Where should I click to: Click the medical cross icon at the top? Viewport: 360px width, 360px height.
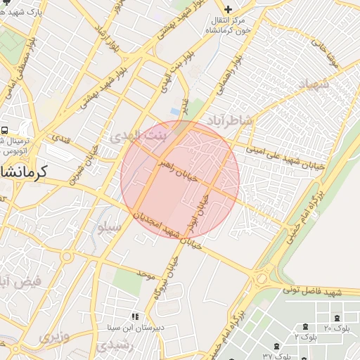click(226, 8)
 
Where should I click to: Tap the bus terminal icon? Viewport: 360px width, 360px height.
click(5, 131)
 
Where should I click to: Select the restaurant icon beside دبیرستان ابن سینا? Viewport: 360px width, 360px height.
click(134, 316)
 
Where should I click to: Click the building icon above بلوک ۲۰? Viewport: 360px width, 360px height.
click(337, 318)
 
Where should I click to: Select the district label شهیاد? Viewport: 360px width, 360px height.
click(314, 84)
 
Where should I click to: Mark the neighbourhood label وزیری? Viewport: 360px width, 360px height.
click(54, 337)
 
